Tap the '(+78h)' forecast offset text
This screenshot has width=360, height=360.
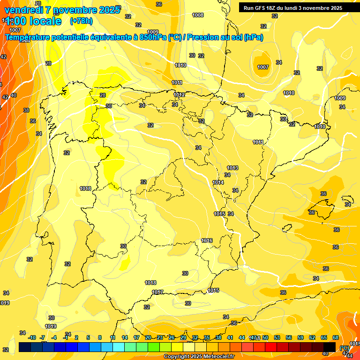pos(81,21)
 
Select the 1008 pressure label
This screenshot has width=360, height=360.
pos(198,15)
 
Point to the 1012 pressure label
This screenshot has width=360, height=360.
pos(179,95)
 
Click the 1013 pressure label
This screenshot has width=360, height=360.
pos(232,168)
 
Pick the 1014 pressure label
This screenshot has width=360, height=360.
pos(218,182)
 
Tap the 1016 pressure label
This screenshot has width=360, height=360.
pos(207,240)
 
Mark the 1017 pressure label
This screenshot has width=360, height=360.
pos(158,292)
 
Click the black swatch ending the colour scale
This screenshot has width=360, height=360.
pos(330,346)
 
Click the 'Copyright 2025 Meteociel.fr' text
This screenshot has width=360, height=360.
pos(199,356)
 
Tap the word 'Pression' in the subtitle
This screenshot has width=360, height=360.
pos(203,37)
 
